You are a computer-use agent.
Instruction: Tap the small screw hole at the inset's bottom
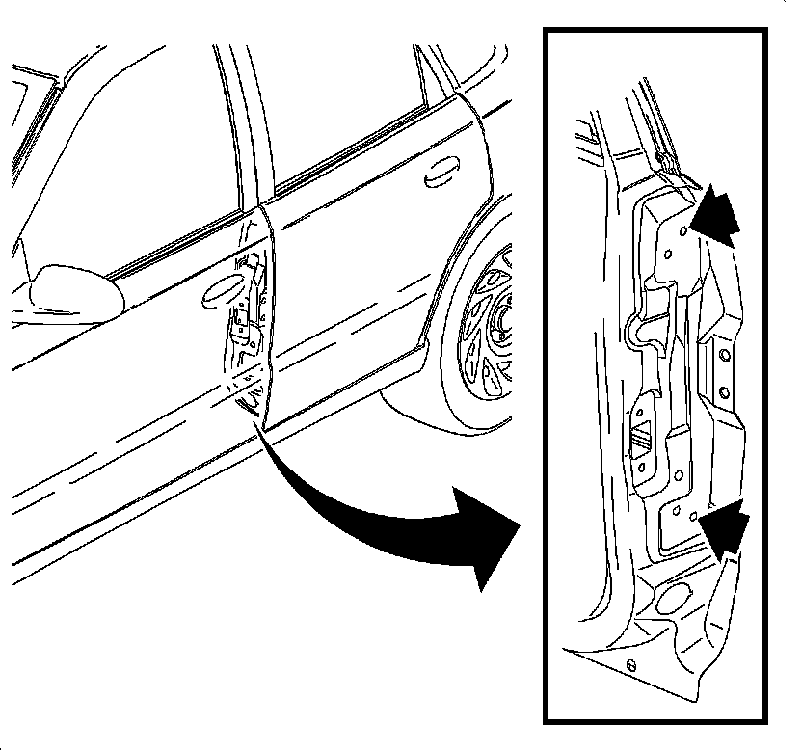(629, 664)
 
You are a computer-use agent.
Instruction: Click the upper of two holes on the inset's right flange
(721, 357)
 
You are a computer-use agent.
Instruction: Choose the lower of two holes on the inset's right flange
(721, 392)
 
